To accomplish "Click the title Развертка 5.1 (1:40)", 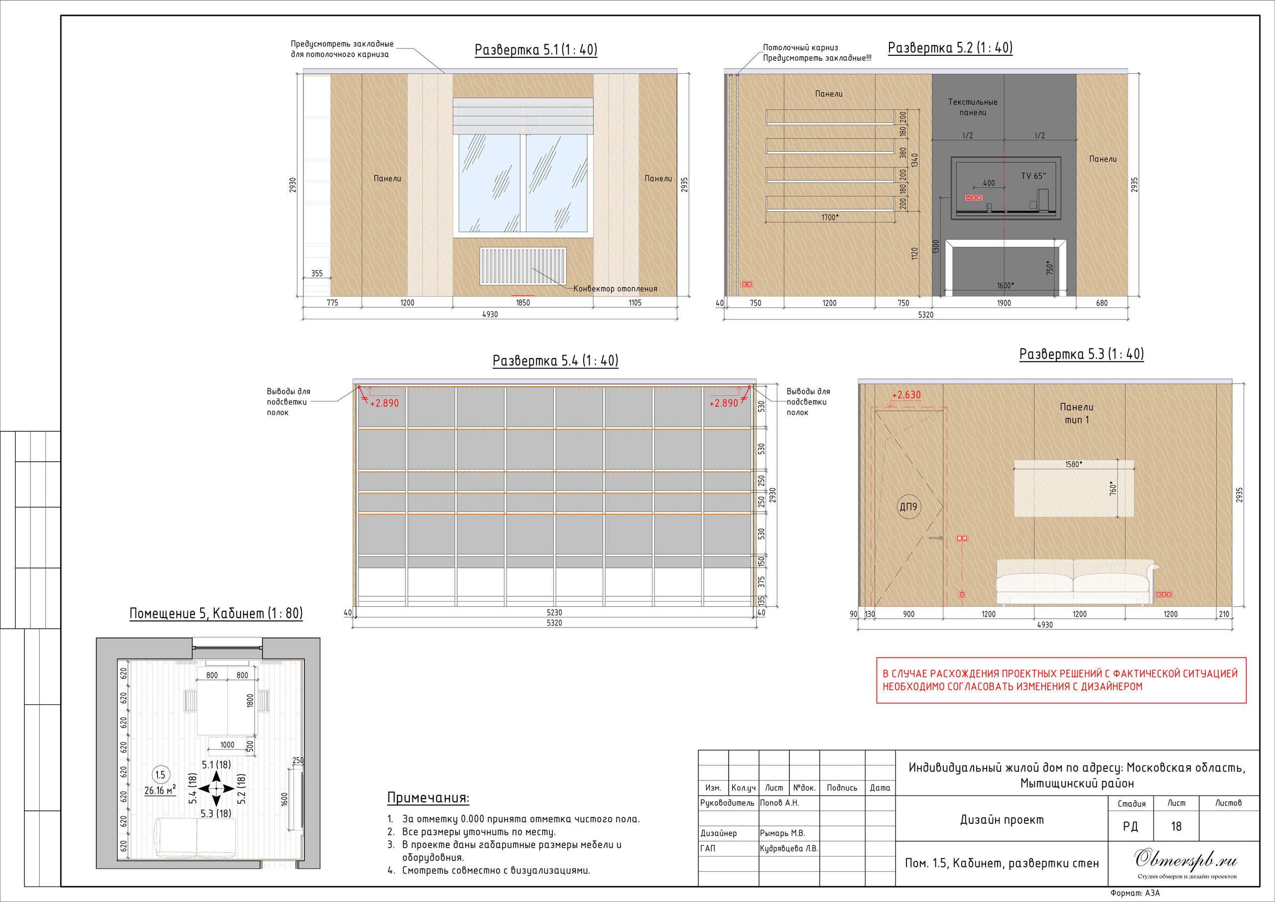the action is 536,49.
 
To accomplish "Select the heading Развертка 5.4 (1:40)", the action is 555,361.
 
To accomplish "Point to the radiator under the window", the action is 523,266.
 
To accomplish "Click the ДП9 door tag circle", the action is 908,507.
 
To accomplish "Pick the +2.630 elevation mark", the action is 906,395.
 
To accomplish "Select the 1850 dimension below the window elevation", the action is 523,303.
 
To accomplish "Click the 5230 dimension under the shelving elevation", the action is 554,613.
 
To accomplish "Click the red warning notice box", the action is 1061,680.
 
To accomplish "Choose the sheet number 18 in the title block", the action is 1176,826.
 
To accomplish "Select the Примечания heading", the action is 428,798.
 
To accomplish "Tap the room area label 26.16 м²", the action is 160,790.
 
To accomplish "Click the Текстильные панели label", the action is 973,107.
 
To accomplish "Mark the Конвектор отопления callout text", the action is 615,289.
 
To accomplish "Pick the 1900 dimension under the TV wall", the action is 1004,303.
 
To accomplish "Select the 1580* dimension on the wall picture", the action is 1073,464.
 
